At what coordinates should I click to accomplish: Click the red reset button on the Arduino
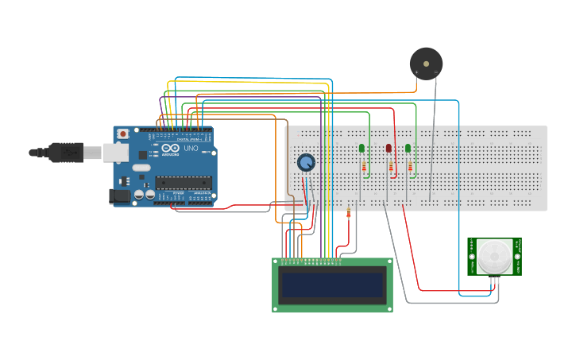click(x=123, y=134)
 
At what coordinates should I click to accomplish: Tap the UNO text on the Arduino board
click(x=191, y=149)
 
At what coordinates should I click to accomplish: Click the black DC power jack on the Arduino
click(x=119, y=195)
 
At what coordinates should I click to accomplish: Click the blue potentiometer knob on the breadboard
click(x=305, y=163)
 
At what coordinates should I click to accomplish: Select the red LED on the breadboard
click(x=389, y=149)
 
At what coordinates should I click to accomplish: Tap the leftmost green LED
click(x=361, y=148)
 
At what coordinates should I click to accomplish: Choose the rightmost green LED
click(x=408, y=148)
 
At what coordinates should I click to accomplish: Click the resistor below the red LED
click(x=390, y=166)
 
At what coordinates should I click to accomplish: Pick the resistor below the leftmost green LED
click(x=364, y=166)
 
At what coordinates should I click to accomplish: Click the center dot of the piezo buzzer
click(x=426, y=63)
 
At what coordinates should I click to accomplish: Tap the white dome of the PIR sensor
click(x=494, y=256)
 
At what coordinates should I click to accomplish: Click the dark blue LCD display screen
click(x=332, y=285)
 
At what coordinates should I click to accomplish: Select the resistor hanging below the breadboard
click(x=349, y=212)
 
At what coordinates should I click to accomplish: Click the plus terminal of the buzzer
click(x=416, y=73)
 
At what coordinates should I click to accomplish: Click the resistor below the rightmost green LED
click(x=410, y=166)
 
